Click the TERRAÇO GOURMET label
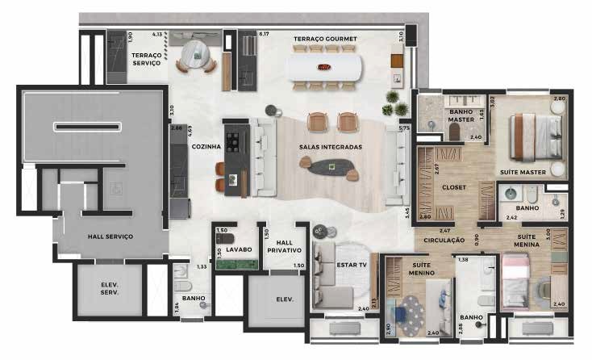325,39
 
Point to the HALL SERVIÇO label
110,236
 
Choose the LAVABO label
240,249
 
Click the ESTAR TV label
352,265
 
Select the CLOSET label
453,186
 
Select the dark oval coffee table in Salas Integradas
332,166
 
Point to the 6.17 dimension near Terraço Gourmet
264,34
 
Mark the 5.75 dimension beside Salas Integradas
404,128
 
